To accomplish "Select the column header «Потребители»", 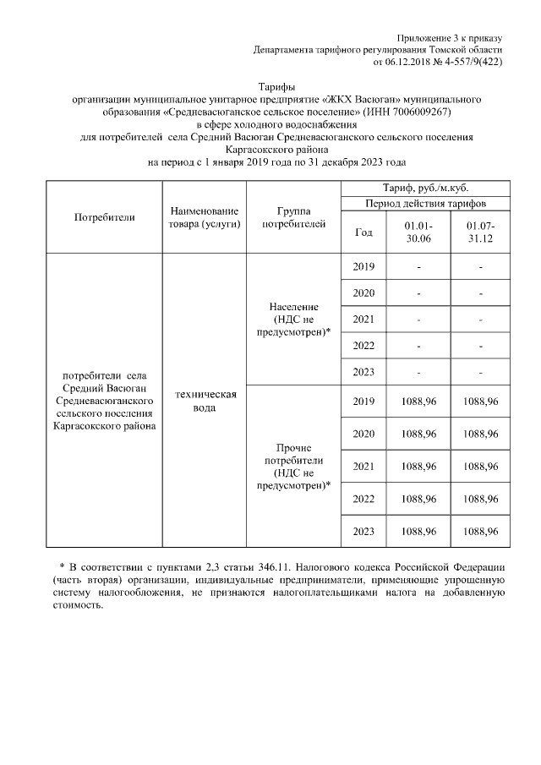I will tap(105, 217).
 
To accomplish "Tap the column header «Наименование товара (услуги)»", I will tap(204, 217).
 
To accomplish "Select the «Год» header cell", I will tap(363, 233).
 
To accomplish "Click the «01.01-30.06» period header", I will tap(418, 233).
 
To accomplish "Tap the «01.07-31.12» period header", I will tap(480, 233).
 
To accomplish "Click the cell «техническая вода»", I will tap(204, 402).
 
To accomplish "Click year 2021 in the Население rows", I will tap(363, 320).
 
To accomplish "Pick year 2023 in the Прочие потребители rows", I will tap(363, 531).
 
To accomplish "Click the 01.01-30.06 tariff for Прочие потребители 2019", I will tap(418, 401).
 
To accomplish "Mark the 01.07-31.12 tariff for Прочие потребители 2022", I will tap(480, 499).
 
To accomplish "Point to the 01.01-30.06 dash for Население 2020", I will tap(418, 293).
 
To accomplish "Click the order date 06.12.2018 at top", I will tap(402, 62).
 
